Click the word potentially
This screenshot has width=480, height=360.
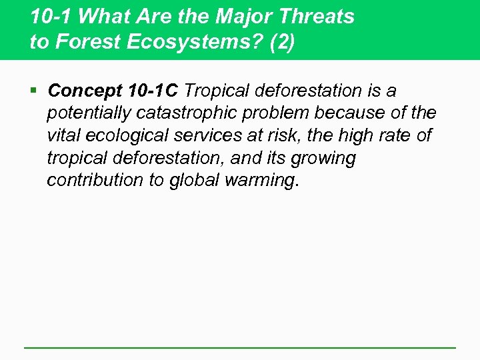87,113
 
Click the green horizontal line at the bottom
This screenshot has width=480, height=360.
240,347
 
